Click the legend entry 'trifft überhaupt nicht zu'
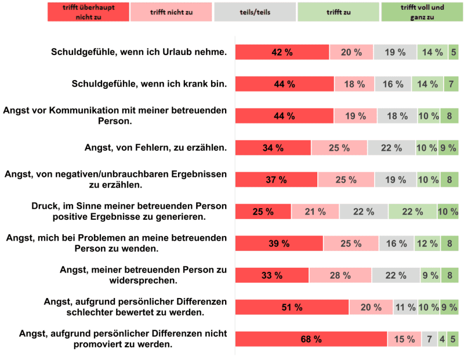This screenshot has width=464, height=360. pyautogui.click(x=88, y=12)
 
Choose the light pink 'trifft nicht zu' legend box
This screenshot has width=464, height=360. pyautogui.click(x=172, y=12)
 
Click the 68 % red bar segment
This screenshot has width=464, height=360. pyautogui.click(x=311, y=339)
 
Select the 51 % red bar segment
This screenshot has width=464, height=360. pyautogui.click(x=292, y=307)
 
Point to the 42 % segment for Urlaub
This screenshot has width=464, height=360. pyautogui.click(x=282, y=52)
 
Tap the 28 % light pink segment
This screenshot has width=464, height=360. pyautogui.click(x=340, y=275)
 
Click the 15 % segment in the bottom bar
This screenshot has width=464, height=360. pyautogui.click(x=404, y=339)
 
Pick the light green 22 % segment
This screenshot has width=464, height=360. pyautogui.click(x=412, y=212)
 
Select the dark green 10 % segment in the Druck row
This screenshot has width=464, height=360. pyautogui.click(x=448, y=212)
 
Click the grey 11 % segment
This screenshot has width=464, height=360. pyautogui.click(x=405, y=307)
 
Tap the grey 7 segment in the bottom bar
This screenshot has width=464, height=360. pyautogui.click(x=429, y=339)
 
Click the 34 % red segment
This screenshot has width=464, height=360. pyautogui.click(x=273, y=148)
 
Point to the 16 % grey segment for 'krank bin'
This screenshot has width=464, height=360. pyautogui.click(x=393, y=84)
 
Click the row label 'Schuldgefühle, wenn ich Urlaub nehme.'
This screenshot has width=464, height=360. pyautogui.click(x=138, y=52)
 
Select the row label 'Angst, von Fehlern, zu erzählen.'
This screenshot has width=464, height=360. pyautogui.click(x=155, y=148)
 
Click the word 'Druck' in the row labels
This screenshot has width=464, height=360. pyautogui.click(x=46, y=206)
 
